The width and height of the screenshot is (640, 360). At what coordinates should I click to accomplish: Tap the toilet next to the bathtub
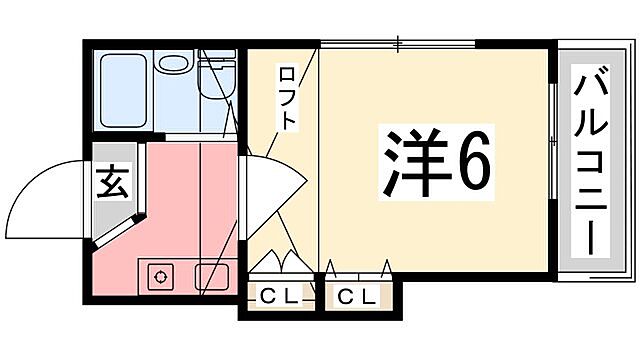[215, 84]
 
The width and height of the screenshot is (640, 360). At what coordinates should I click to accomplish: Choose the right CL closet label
[357, 296]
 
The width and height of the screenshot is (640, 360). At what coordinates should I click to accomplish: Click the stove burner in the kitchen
[159, 275]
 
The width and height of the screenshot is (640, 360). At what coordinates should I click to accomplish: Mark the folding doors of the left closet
[278, 262]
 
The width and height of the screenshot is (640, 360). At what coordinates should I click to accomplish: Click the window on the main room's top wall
[397, 43]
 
